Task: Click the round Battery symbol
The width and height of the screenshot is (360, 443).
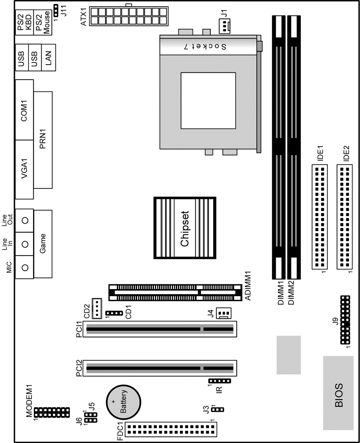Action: pyautogui.click(x=123, y=402)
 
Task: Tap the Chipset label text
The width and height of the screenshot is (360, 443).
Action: pyautogui.click(x=185, y=229)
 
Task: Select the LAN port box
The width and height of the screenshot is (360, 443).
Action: pyautogui.click(x=49, y=58)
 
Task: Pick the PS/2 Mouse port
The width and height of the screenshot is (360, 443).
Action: pyautogui.click(x=42, y=22)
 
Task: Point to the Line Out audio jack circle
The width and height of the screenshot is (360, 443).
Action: pyautogui.click(x=25, y=220)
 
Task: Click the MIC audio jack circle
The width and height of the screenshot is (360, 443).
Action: pyautogui.click(x=25, y=268)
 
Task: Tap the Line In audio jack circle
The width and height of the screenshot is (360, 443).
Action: pyautogui.click(x=25, y=244)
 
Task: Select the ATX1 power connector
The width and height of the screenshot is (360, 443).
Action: pyautogui.click(x=129, y=16)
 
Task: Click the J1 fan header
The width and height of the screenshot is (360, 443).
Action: pyautogui.click(x=225, y=26)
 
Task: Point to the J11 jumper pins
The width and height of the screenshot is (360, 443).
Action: pyautogui.click(x=56, y=10)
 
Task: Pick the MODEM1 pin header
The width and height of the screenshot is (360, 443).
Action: pyautogui.click(x=52, y=412)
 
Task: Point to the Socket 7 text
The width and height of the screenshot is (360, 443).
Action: pyautogui.click(x=205, y=46)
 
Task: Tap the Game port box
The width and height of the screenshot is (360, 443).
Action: pyautogui.click(x=43, y=244)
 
